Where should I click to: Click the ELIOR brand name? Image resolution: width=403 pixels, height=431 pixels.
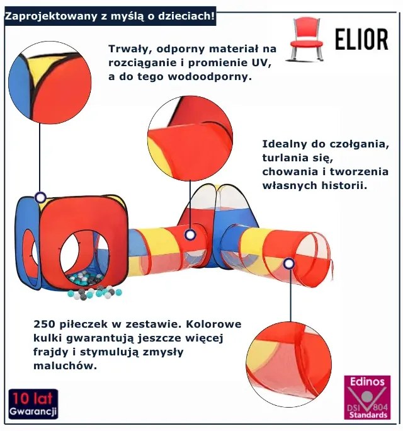[x=361, y=39]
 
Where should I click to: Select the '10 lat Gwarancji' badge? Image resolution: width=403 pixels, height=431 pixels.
[x=33, y=405]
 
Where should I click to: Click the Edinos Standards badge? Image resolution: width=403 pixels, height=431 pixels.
[x=367, y=398]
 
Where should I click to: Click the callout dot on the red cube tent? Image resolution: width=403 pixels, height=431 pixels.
[x=40, y=197]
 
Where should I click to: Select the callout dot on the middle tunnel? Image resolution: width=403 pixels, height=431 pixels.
[x=190, y=236]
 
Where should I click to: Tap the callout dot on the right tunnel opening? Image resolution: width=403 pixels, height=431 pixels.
[x=288, y=263]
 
